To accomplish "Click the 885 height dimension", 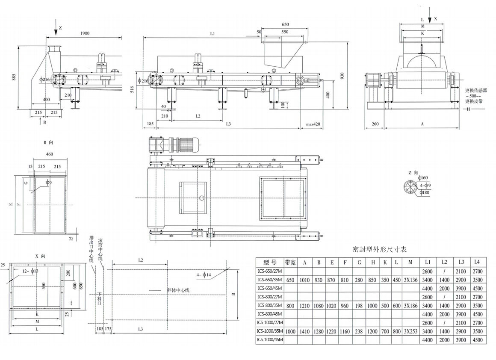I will (14, 77).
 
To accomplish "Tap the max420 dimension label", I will (313, 124).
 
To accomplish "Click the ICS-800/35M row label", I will (270, 305).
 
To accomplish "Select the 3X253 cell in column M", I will (410, 331).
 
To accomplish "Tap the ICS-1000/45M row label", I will (270, 340).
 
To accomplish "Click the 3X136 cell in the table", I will (410, 280).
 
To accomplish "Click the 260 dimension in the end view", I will (375, 124).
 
